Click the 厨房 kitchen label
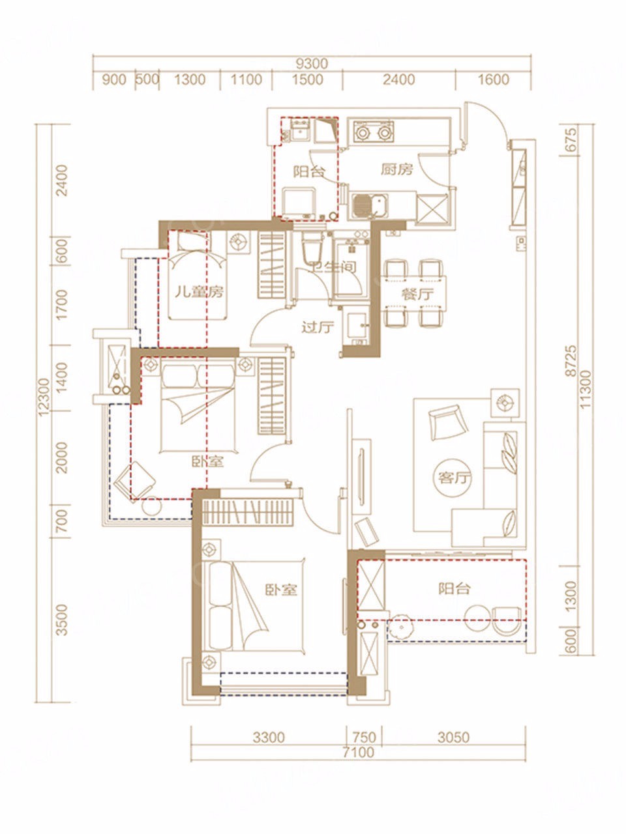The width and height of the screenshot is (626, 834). tap(397, 169)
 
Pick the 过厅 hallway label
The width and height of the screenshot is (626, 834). tap(318, 327)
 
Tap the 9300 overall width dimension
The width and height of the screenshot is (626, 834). tap(312, 64)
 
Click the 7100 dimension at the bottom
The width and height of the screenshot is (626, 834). tap(358, 741)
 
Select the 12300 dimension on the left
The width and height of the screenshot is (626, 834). tap(44, 397)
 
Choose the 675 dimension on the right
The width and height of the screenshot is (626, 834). tap(570, 140)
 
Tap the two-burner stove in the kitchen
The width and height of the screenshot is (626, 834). tap(373, 132)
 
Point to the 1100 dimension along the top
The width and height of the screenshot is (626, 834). tap(246, 79)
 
